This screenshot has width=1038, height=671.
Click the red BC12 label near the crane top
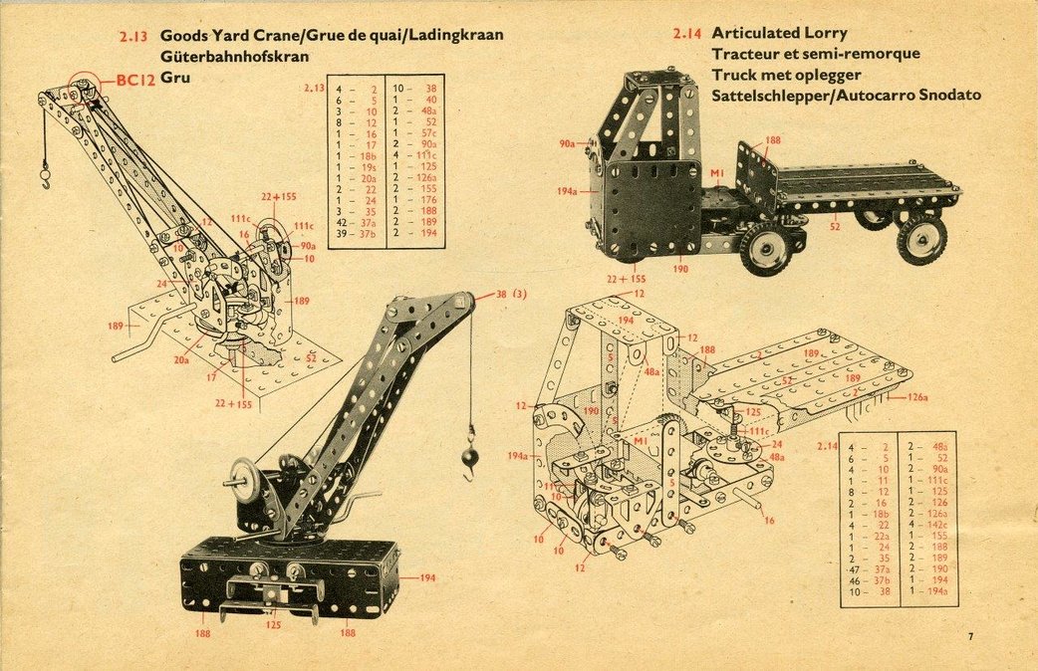[135, 81]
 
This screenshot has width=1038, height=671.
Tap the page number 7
[969, 636]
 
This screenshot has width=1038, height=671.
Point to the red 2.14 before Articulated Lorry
[687, 34]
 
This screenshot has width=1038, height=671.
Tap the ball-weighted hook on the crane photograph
[469, 457]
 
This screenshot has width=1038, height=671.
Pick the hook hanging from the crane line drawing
[45, 180]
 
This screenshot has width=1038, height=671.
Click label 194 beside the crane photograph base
[427, 577]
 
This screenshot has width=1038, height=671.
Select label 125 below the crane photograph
[273, 625]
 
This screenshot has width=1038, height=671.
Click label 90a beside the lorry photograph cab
[567, 144]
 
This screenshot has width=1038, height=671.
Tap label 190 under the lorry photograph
[680, 268]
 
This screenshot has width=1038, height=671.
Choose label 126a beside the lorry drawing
[916, 397]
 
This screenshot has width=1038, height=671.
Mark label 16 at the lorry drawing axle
[769, 520]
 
